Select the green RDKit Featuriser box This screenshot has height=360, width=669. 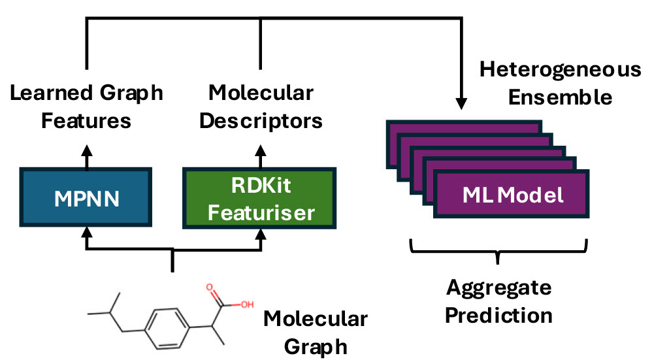[x=260, y=198]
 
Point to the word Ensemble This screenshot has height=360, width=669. [x=561, y=97]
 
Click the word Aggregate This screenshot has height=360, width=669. [x=499, y=287]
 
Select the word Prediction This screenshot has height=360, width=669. [x=499, y=316]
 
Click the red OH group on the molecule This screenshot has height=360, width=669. [x=247, y=304]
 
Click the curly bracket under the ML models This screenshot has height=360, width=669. [x=498, y=252]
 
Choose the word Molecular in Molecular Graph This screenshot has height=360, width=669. [x=316, y=319]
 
